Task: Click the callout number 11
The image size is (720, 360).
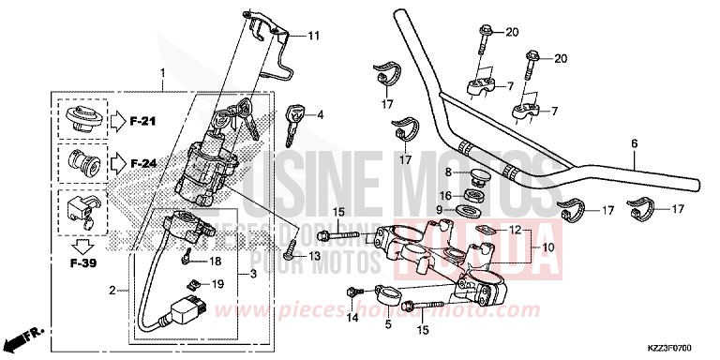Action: point(314,36)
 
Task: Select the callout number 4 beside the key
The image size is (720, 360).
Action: point(320,115)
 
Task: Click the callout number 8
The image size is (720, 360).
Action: point(448,172)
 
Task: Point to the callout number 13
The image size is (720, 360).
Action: point(314,256)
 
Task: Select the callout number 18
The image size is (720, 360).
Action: point(215,262)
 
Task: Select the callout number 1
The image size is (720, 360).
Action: point(162,72)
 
